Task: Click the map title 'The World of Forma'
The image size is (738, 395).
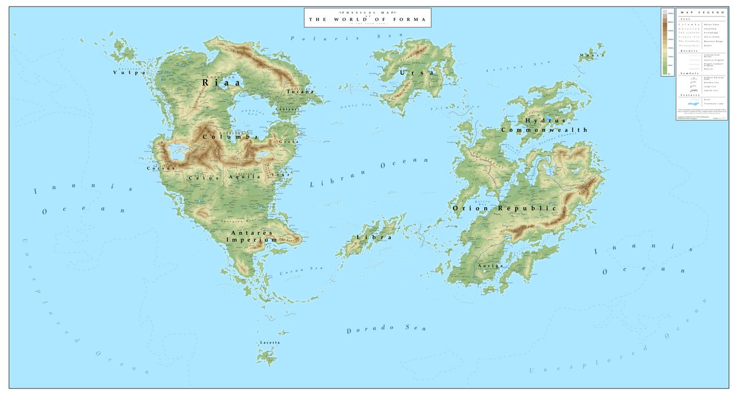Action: click(368, 19)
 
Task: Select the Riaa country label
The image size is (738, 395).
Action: click(221, 82)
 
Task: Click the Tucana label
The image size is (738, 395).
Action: click(300, 92)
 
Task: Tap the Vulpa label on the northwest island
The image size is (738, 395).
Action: click(130, 72)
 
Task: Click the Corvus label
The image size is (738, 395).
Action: click(161, 169)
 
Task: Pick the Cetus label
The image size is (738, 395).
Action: click(201, 178)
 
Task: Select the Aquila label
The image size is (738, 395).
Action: click(245, 177)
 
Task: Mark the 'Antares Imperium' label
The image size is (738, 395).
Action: click(251, 236)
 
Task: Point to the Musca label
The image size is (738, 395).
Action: click(592, 56)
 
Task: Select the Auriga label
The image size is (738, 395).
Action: click(490, 266)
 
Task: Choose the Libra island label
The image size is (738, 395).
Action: click(374, 237)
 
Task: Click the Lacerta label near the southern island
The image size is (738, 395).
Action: click(270, 342)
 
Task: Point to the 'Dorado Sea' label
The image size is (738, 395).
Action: click(386, 329)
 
